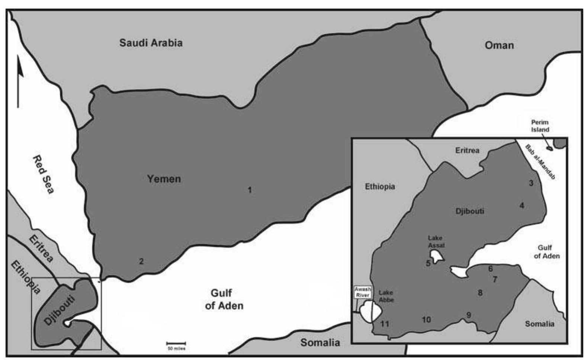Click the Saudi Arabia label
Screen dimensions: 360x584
151,43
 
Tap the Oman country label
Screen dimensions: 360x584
499,45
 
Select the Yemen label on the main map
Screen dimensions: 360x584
164,179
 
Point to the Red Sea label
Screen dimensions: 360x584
43,174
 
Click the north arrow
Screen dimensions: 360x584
19,80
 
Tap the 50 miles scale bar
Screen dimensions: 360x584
176,344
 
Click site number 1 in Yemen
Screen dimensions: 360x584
250,190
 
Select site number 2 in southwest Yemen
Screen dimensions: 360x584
141,261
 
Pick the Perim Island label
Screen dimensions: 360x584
540,126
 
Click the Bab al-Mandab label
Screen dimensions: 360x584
540,162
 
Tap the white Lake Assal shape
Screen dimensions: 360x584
437,255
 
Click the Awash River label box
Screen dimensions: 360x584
362,292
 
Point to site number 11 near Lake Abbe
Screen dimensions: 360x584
385,324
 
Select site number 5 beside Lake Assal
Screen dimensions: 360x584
428,263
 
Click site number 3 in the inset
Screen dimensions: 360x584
531,183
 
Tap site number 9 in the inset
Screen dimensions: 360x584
469,315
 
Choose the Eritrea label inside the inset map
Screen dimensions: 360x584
467,151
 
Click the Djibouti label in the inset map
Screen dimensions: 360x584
470,211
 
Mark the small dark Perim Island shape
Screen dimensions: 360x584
549,149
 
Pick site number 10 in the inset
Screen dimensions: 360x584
426,319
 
